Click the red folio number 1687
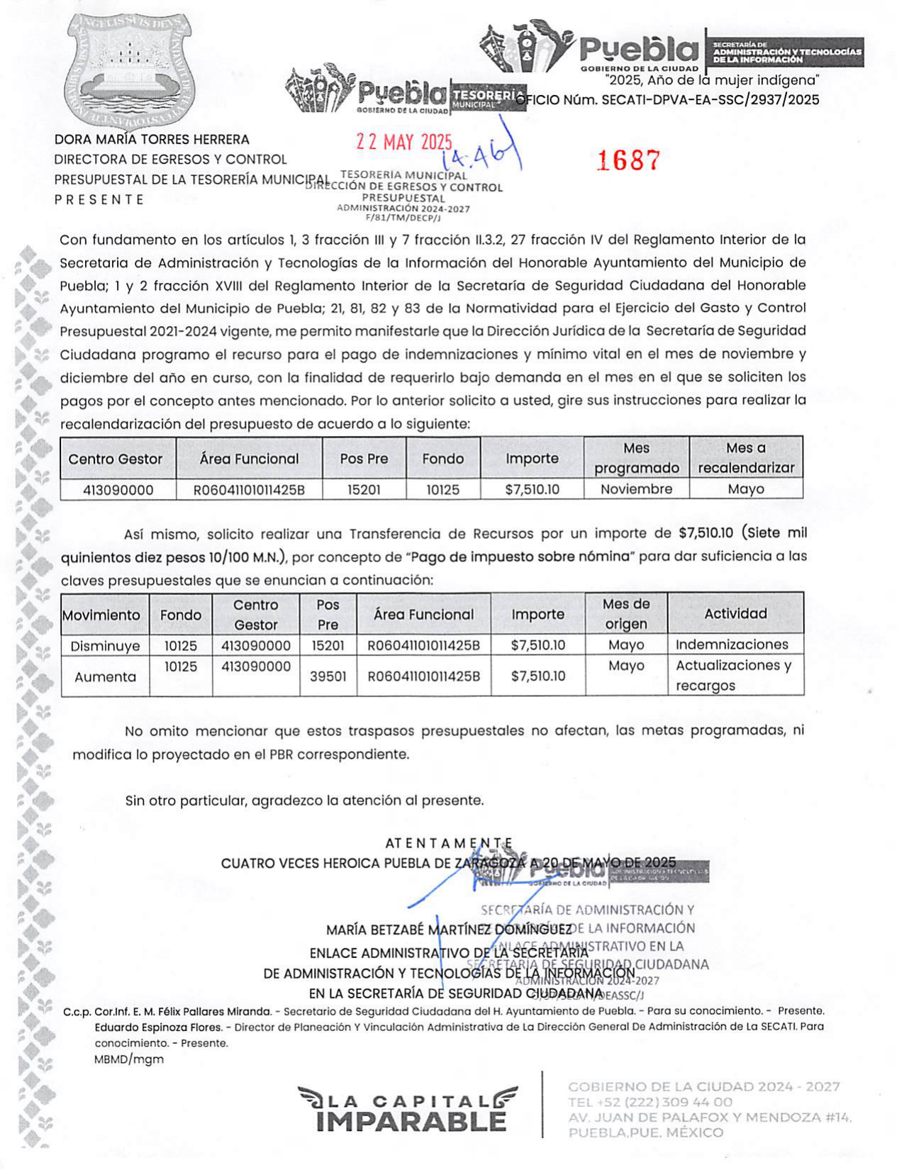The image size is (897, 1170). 628,160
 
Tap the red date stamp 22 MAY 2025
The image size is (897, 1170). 403,142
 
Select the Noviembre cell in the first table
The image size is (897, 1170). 636,489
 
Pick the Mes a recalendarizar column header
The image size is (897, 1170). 746,458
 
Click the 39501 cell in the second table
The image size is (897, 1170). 328,676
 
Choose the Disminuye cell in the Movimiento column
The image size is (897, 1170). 105,646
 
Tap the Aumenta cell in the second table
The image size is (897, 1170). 105,676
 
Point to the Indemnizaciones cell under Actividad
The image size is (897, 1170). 732,645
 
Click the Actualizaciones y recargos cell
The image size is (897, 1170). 733,675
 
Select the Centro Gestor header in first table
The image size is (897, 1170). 116,459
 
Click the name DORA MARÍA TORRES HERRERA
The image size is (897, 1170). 152,140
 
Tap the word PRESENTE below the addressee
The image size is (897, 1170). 99,200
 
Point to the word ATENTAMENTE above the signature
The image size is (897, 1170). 449,843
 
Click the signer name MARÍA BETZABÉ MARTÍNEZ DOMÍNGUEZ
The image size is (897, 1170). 449,930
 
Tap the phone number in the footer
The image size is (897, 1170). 650,1102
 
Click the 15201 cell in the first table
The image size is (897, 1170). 364,489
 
